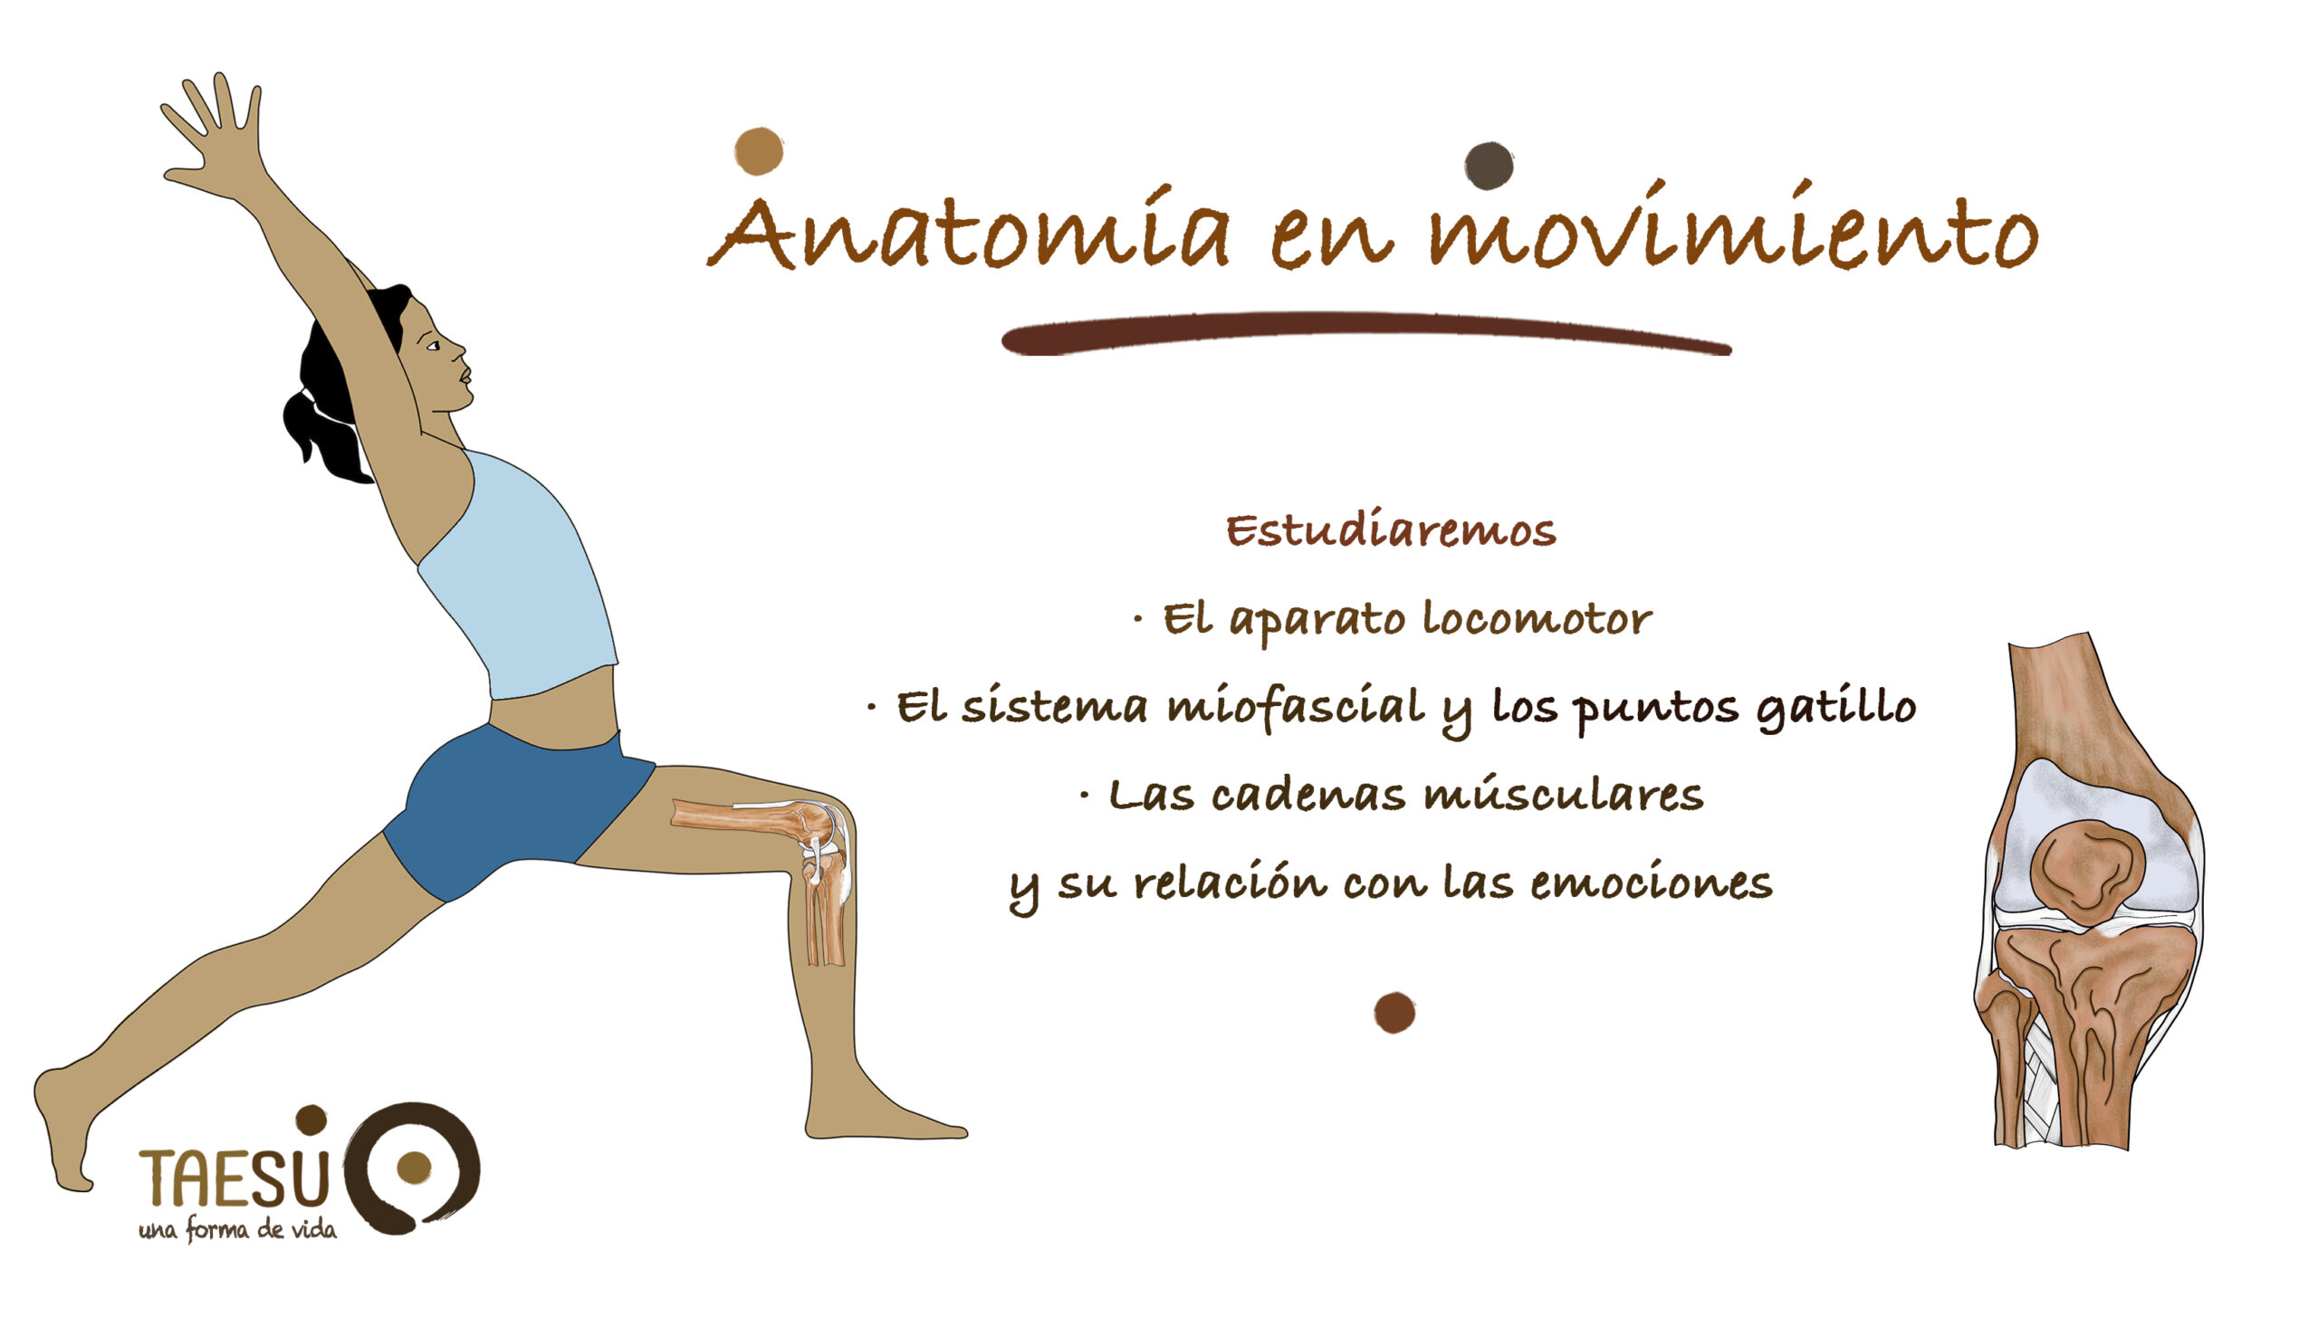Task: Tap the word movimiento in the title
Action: click(1733, 224)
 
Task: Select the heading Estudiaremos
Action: click(1391, 530)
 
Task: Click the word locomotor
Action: click(1537, 618)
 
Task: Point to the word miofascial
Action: click(1296, 708)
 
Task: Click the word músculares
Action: click(1564, 795)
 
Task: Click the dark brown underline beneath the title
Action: click(1366, 334)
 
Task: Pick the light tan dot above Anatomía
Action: click(759, 151)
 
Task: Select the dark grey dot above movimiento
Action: click(1489, 166)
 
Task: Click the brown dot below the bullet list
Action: click(1394, 1013)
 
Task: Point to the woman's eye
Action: click(433, 346)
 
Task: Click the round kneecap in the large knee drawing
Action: click(2088, 873)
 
